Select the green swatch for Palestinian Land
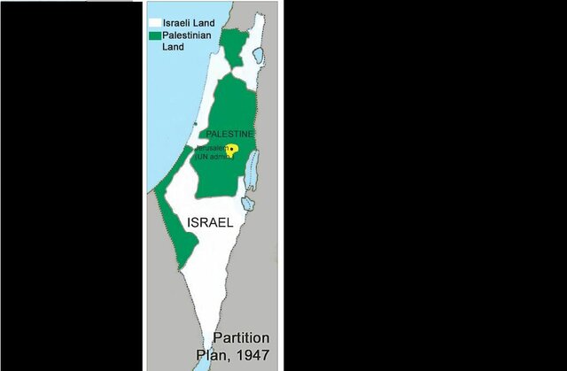(154, 35)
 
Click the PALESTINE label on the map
(230, 134)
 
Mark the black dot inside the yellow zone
(232, 150)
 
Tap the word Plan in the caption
(211, 356)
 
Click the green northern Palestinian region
(233, 48)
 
